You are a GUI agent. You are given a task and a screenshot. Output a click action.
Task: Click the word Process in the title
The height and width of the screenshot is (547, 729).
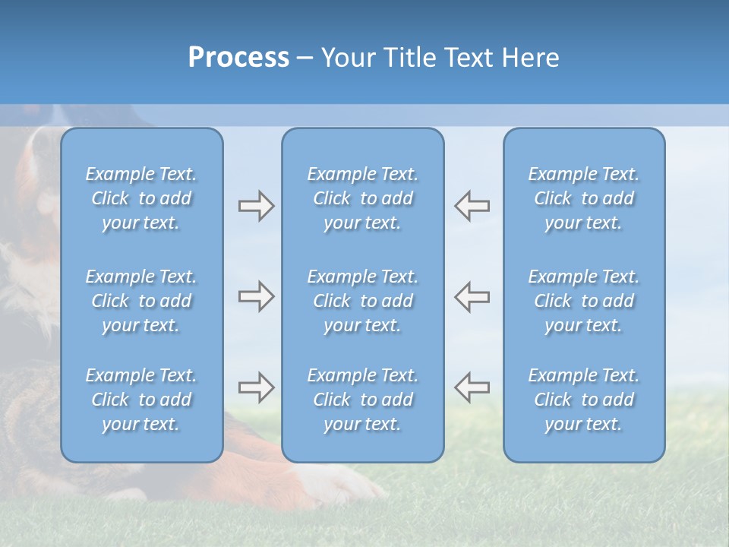coord(238,58)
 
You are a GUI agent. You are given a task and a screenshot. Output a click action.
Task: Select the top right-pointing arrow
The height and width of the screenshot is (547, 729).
coord(256,206)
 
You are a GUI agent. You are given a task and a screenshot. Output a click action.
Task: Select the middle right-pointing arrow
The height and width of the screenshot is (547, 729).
coord(256,296)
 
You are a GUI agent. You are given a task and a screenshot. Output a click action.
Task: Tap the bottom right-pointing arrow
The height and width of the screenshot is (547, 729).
coord(256,387)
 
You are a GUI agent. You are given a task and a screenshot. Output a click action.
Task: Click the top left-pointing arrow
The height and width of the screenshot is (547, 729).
coord(472,206)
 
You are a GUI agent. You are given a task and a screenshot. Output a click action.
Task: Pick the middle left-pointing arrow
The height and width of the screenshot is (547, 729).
coord(472,296)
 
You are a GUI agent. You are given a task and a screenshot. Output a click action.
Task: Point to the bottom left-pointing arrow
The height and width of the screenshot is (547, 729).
coord(472,387)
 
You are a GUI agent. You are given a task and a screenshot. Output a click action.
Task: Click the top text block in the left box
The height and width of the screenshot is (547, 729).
coord(141,198)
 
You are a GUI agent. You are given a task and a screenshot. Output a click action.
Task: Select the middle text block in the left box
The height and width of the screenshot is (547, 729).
coord(141,301)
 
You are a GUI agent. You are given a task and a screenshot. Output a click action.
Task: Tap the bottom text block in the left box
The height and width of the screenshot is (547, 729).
coord(141,400)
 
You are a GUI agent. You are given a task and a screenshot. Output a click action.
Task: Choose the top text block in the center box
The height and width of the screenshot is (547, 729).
coord(362,198)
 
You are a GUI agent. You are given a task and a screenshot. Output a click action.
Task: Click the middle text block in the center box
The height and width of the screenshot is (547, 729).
coord(362,301)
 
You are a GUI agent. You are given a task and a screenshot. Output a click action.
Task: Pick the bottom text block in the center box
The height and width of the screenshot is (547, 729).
coord(362,400)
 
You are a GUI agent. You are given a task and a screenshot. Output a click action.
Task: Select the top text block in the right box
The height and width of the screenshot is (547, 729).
coord(583,198)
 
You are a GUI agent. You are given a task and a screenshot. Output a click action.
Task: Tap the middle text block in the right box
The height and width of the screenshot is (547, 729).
coord(583,301)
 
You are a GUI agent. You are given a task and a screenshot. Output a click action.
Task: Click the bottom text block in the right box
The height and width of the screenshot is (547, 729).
coord(583,400)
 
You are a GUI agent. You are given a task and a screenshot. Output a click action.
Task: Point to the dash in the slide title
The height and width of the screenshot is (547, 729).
coord(305,58)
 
